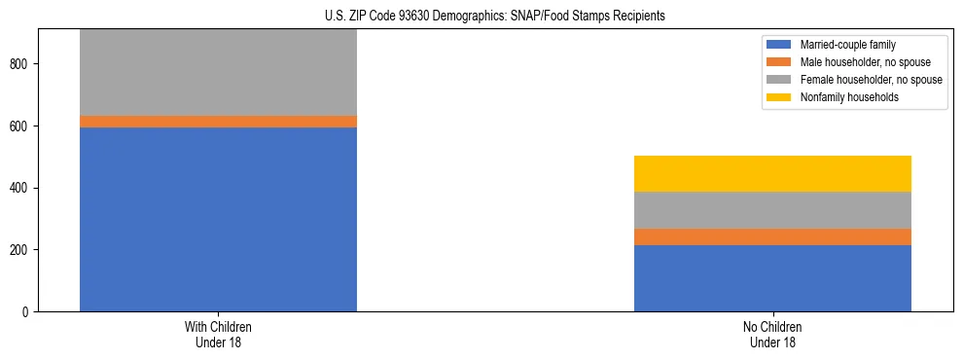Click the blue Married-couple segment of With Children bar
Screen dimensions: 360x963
pos(218,219)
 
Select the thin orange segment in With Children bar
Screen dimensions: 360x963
pos(218,122)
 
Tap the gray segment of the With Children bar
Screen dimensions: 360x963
pos(218,73)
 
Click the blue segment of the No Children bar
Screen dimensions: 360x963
pos(772,278)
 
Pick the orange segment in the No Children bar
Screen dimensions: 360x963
pos(772,237)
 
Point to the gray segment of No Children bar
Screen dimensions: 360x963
pos(772,210)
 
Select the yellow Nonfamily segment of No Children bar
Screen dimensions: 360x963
pos(772,174)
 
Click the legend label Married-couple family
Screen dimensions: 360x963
pos(848,45)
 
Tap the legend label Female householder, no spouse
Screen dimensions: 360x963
pos(870,80)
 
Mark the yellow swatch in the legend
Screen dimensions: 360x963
pos(779,97)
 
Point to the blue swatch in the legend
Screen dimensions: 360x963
pos(779,45)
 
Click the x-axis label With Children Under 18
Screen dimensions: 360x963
pos(218,334)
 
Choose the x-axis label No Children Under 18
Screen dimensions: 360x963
pos(772,334)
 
